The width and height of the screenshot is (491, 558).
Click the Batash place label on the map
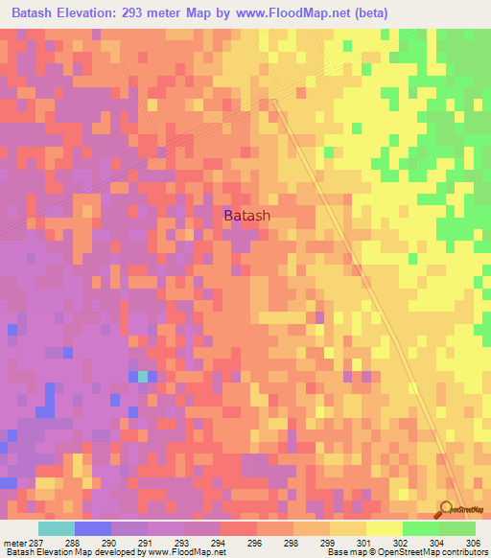[246, 216]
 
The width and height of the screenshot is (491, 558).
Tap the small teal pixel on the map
[143, 377]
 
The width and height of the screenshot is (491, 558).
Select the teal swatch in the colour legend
[57, 528]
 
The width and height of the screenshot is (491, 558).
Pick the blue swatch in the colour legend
[93, 528]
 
